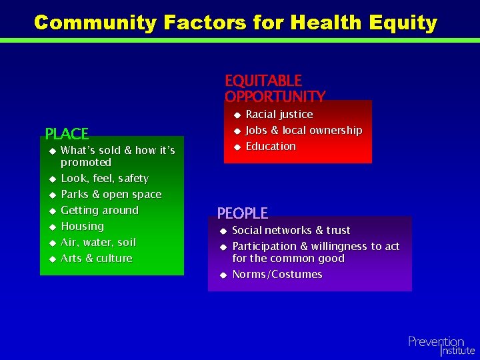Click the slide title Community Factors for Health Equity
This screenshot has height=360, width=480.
235,22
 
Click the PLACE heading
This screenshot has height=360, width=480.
67,134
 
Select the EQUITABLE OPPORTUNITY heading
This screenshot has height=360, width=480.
274,89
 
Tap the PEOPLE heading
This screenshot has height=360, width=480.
242,213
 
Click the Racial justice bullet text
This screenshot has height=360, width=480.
279,115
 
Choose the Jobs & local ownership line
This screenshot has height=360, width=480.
303,131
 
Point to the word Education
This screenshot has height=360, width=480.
271,147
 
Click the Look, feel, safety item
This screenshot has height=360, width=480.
104,179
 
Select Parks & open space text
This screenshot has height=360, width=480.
111,195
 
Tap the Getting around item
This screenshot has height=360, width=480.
99,211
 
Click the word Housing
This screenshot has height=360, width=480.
82,227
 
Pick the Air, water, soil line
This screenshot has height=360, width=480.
98,243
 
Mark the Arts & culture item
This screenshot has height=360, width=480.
96,259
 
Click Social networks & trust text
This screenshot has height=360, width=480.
291,231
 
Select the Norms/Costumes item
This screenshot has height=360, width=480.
277,275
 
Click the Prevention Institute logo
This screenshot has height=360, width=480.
441,345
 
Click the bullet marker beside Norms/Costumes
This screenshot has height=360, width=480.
223,275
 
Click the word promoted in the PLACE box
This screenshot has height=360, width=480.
85,163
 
